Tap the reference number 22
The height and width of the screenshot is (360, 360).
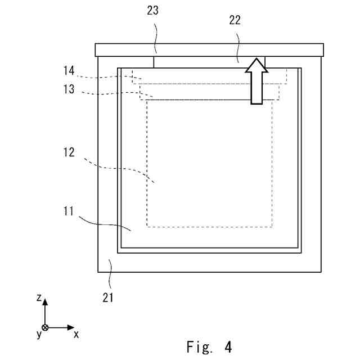click(235, 21)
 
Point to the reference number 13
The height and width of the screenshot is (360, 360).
click(68, 89)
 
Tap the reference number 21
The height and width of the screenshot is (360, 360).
click(109, 298)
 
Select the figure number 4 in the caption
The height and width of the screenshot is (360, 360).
click(228, 346)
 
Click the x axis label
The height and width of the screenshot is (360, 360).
click(76, 334)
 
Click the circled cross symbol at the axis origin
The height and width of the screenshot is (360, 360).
click(46, 327)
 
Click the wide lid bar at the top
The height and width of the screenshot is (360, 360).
click(209, 50)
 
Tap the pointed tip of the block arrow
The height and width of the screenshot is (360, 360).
click(256, 58)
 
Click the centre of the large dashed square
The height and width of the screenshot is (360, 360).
click(209, 163)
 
